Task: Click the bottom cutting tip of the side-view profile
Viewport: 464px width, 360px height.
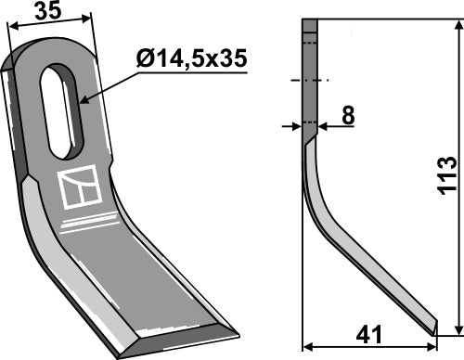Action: [x=432, y=328]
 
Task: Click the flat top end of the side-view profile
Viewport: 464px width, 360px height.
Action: [x=310, y=21]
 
